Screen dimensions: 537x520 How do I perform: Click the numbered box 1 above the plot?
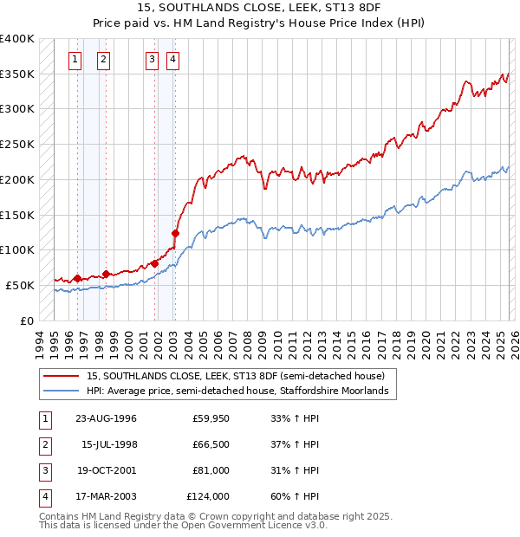point(75,60)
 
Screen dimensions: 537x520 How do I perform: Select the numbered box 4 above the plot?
point(173,60)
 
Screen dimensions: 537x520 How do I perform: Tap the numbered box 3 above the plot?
point(152,60)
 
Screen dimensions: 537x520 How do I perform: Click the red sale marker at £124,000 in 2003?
point(175,233)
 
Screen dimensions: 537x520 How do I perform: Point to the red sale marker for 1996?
point(77,278)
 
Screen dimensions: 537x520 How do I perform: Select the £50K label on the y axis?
point(21,285)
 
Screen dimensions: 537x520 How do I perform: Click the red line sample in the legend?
point(62,376)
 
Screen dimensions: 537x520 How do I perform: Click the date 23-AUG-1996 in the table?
point(106,418)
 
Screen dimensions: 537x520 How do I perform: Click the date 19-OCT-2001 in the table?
point(106,470)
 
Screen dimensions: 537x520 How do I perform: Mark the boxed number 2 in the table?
point(44,444)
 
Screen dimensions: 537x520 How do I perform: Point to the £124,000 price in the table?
point(208,496)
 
